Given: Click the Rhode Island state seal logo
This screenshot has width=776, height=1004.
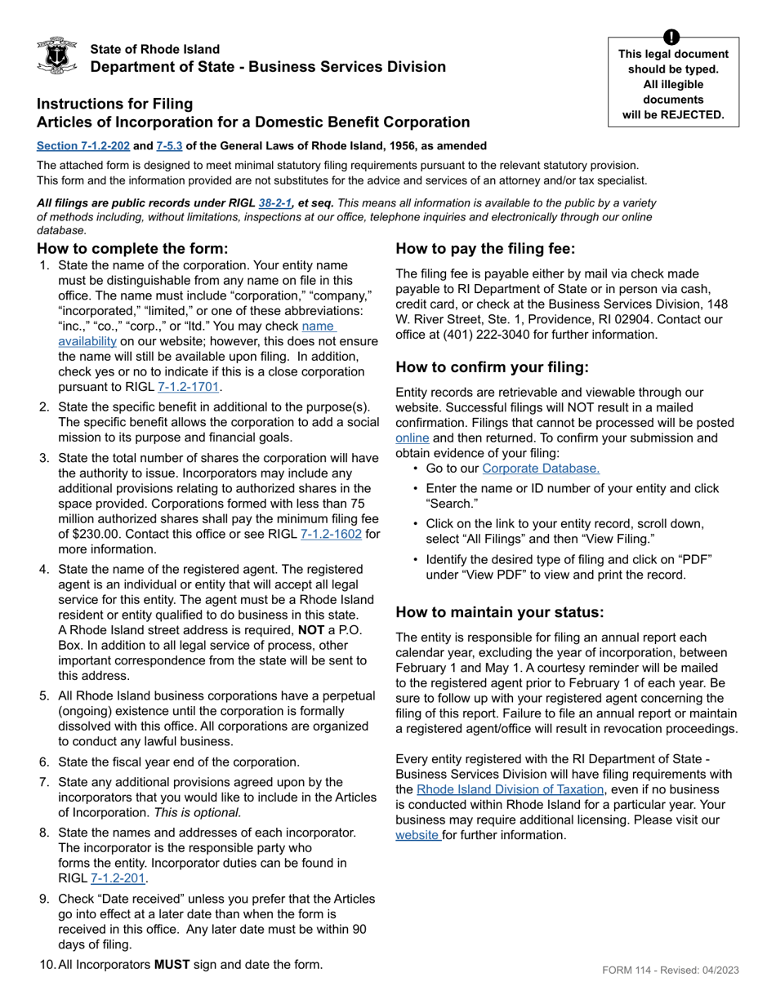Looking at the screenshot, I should pyautogui.click(x=57, y=56).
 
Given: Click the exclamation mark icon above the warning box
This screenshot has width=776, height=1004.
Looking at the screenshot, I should pyautogui.click(x=671, y=37).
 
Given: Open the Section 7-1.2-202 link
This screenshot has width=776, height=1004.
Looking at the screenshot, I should pyautogui.click(x=83, y=146).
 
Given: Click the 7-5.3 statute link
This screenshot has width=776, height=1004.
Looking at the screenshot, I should pyautogui.click(x=169, y=146).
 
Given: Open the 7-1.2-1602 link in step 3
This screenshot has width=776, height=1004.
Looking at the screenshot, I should pyautogui.click(x=331, y=535).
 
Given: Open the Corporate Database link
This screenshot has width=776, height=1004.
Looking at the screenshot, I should pyautogui.click(x=541, y=469).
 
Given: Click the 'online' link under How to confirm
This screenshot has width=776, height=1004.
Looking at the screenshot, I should pyautogui.click(x=413, y=438).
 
